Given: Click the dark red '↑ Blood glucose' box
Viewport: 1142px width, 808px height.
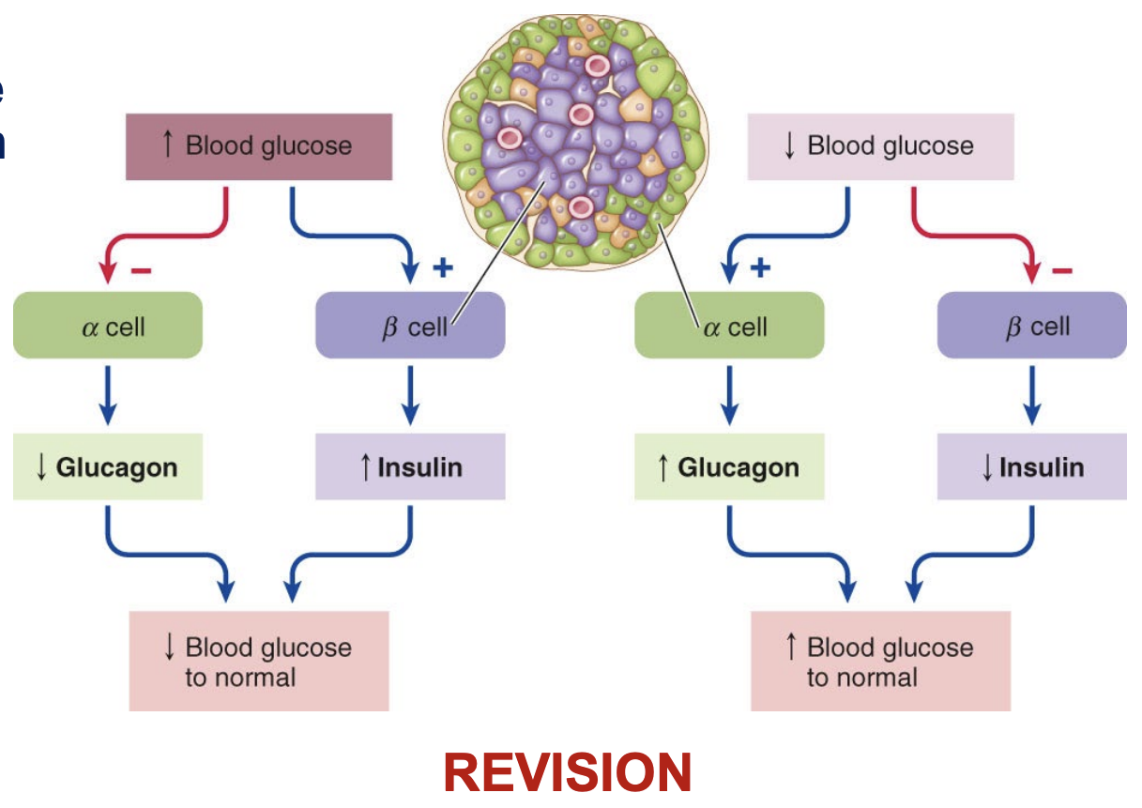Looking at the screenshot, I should [259, 146].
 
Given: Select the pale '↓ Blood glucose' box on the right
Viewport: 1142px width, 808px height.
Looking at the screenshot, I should [880, 146].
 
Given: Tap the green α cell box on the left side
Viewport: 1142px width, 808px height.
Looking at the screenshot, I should [108, 326].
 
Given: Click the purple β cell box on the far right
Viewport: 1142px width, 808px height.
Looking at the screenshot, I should [1031, 326].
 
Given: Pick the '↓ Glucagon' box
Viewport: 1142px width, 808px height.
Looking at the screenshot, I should [108, 467].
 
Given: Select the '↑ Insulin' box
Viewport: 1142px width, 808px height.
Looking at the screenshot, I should [410, 467].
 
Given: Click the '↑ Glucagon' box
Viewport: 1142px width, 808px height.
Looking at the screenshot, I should [729, 467].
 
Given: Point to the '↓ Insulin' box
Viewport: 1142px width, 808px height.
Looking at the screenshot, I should [1031, 467].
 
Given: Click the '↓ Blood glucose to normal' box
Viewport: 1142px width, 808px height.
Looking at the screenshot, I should [259, 662].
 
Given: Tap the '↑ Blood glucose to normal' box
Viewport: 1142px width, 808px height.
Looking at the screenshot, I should [880, 662].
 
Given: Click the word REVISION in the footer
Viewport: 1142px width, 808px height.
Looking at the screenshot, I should [568, 773].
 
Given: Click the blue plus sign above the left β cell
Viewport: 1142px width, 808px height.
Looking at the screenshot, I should [442, 269].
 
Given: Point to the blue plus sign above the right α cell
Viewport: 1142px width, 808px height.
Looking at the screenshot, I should [760, 269].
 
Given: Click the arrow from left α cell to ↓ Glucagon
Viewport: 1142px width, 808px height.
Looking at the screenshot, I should [108, 394].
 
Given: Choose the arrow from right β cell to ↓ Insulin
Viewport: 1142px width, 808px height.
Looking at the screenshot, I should [1031, 394].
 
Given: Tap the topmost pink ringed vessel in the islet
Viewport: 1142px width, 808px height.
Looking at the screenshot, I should [596, 65].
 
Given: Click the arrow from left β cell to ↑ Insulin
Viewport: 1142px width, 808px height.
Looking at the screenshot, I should [410, 394].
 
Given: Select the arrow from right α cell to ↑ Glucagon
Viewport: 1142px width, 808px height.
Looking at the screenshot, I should [729, 394].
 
